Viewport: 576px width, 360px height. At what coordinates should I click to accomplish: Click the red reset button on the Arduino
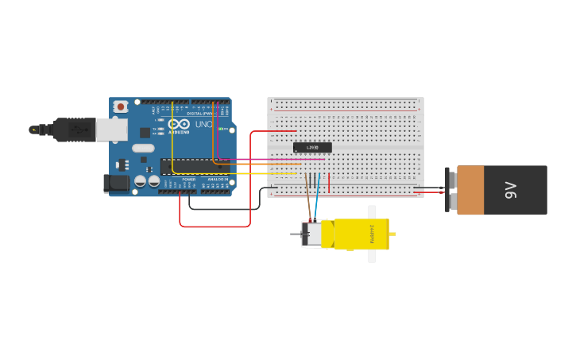coord(120,106)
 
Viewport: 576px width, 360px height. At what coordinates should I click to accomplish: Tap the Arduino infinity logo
coord(179,125)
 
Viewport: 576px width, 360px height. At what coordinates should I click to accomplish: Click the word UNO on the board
coord(203,125)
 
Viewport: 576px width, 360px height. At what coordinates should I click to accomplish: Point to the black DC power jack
coord(116,184)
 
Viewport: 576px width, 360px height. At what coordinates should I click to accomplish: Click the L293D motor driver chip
coord(312,147)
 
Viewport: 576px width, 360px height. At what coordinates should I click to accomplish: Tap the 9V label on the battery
coord(511,190)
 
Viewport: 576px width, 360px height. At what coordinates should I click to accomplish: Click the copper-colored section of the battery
coord(470,190)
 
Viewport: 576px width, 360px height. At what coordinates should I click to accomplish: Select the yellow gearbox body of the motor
coord(361,234)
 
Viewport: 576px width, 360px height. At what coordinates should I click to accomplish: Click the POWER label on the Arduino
coord(188,180)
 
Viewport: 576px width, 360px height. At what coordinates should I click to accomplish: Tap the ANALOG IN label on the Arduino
coord(218,180)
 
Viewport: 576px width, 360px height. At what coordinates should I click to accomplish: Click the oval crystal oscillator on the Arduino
coord(143,148)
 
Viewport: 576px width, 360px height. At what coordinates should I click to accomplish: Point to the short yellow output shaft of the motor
coord(392,234)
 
